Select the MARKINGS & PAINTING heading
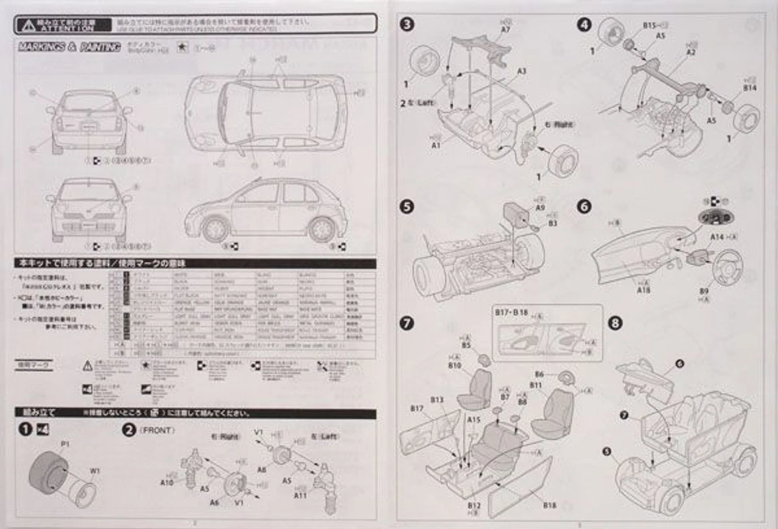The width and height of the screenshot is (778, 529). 69,47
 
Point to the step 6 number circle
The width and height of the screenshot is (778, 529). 583,207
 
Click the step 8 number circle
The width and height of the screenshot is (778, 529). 615,323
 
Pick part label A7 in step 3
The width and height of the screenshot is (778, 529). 506,29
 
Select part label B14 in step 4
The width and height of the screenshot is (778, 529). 749,88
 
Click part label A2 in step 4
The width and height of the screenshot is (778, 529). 690,53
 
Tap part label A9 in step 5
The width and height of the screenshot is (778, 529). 540,207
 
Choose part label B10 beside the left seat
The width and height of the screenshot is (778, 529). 455,365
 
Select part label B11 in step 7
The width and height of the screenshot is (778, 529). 535,386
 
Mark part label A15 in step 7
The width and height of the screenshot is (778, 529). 474,420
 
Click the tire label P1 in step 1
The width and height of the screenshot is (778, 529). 65,444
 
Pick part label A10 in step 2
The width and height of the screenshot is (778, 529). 168,482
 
